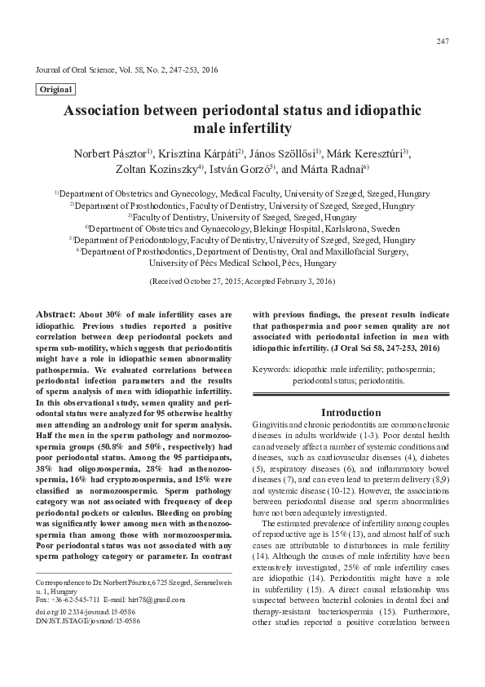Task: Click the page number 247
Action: (x=443, y=42)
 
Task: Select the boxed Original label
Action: (x=55, y=90)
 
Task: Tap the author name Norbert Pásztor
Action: (x=107, y=155)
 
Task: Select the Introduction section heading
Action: (x=351, y=413)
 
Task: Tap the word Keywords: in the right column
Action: (x=272, y=369)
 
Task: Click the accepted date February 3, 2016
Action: (x=302, y=281)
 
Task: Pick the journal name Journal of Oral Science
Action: (x=73, y=70)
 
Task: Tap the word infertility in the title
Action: (x=254, y=129)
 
